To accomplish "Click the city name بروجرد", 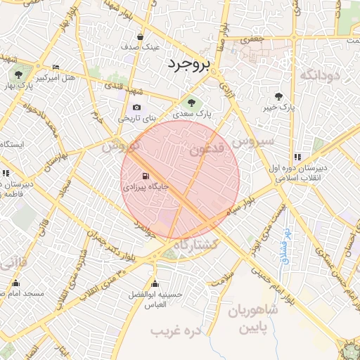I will click(x=189, y=65).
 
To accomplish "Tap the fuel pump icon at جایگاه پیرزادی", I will click(x=145, y=176).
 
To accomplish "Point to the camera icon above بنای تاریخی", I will click(x=136, y=108).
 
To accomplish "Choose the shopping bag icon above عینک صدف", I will click(x=141, y=36).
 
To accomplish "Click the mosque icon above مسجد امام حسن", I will click(x=15, y=283).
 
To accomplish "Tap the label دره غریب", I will click(x=178, y=328).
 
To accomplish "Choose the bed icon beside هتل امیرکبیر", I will click(x=56, y=67).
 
